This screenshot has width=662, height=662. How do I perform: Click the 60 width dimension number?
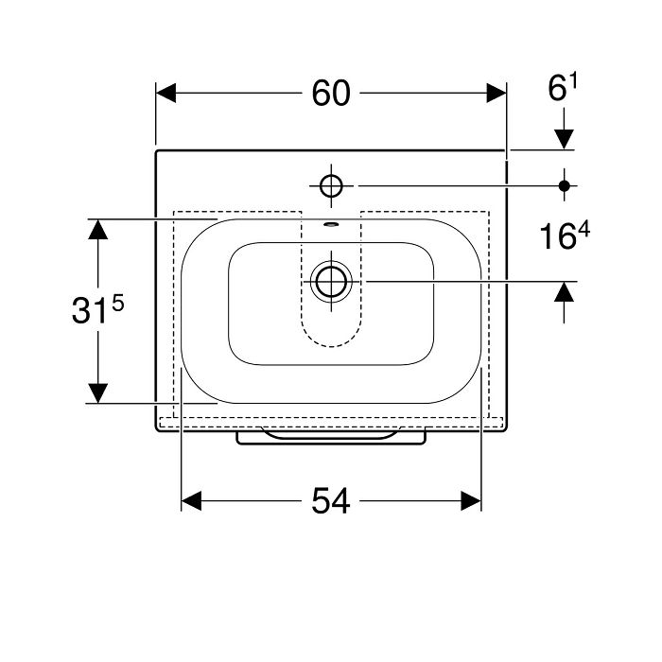pos(331,94)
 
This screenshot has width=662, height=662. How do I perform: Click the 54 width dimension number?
pos(331,501)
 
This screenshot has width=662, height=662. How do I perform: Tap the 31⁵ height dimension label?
pos(98,309)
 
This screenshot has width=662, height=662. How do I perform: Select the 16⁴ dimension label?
pos(565,235)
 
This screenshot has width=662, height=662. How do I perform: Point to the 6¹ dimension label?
pos(563,87)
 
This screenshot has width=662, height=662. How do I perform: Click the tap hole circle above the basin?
pos(331,185)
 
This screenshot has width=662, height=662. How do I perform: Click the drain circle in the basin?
pos(331,281)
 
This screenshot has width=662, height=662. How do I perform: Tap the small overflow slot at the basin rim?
pos(331,224)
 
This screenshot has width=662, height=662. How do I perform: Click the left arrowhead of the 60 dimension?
pos(165,93)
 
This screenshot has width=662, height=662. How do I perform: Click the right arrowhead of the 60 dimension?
pos(496,93)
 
